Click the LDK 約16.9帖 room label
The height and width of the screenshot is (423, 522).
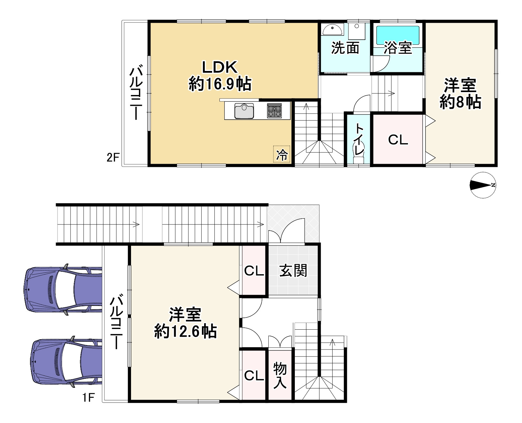pos(219,76)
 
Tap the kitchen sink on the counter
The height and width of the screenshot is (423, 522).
pos(244,111)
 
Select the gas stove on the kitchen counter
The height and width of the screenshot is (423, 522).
pos(274,111)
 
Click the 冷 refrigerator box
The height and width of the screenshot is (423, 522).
pos(282,154)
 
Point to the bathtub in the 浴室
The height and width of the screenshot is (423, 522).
pos(398,35)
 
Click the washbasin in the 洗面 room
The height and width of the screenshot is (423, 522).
pos(332,30)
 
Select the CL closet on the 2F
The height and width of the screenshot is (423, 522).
pos(398,140)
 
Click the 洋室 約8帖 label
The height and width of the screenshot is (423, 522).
pos(460,94)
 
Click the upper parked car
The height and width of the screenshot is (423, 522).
pos(62,289)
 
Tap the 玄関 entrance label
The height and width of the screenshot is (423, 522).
pos(293,271)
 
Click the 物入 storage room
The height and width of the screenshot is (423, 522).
pos(280,376)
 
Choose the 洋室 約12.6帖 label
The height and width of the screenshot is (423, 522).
pos(185,323)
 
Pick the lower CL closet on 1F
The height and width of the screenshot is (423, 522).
pos(254,376)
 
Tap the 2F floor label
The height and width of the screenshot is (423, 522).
pos(113,157)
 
